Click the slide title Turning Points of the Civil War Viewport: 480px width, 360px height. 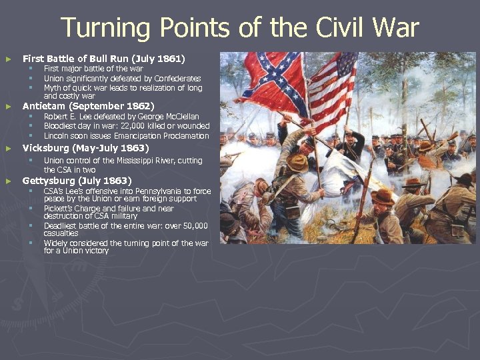tap(240, 29)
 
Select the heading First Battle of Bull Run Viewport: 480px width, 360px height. tap(103, 59)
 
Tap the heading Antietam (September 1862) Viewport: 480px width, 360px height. tap(88, 106)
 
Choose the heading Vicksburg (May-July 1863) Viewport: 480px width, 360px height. tap(86, 148)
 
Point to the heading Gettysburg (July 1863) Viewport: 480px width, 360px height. tap(77, 181)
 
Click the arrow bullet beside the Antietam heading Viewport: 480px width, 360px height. tap(8, 107)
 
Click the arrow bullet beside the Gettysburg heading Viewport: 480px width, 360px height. tap(8, 181)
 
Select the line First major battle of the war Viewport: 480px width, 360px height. tap(93, 69)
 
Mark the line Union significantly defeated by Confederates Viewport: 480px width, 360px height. tap(122, 78)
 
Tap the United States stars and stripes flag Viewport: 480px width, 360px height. tap(333, 87)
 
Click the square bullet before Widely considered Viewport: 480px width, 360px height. tap(30, 243)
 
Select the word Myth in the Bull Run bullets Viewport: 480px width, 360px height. tap(52, 88)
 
